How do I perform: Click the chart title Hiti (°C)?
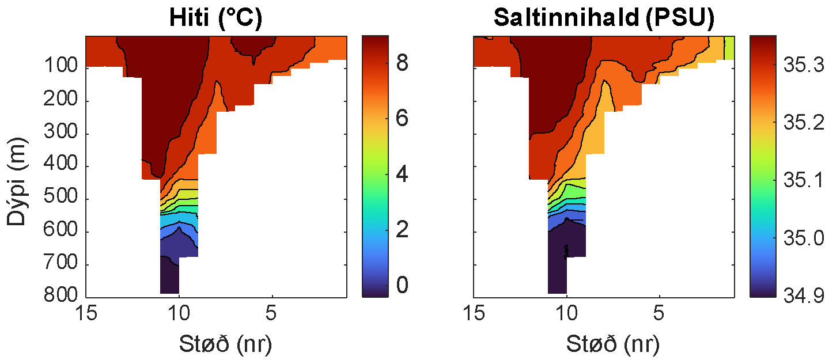(x=215, y=18)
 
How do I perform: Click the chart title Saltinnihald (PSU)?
(x=604, y=18)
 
